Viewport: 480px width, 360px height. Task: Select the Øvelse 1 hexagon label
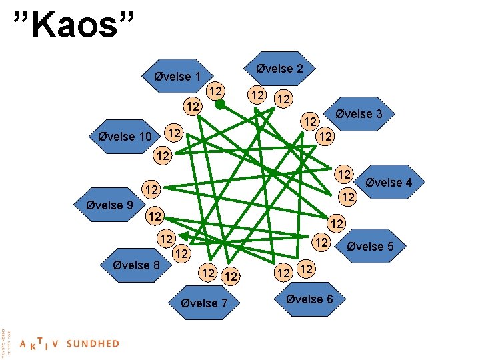177,77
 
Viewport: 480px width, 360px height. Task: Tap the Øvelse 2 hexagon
279,69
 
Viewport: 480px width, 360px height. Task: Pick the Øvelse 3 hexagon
359,114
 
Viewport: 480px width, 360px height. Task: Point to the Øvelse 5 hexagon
370,247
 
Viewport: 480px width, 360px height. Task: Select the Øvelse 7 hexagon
205,303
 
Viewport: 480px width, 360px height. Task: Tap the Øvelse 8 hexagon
133,265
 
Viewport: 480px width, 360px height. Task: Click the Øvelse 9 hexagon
109,205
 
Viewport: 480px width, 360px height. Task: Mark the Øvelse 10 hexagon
125,137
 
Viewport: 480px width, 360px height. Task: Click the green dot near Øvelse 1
220,104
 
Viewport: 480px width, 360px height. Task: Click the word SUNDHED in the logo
93,344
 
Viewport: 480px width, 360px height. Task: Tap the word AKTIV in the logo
39,344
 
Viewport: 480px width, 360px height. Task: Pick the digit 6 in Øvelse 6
329,299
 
